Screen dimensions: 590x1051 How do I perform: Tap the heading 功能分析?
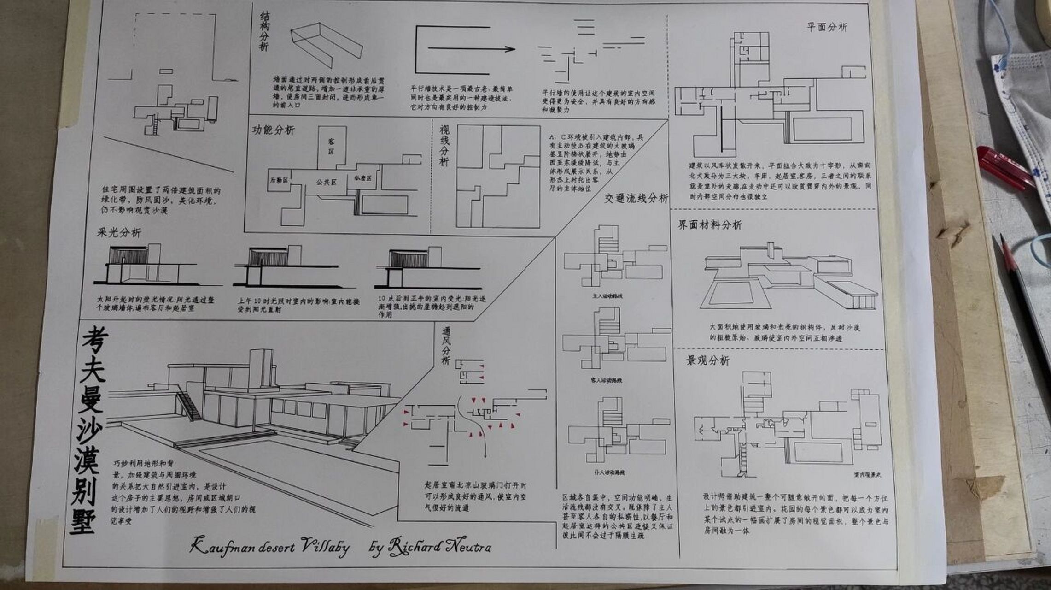pyautogui.click(x=273, y=130)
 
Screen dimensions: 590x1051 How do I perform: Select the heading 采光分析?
pyautogui.click(x=119, y=232)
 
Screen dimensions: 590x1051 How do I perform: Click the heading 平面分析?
pyautogui.click(x=827, y=27)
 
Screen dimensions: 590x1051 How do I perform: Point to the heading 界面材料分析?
pyautogui.click(x=710, y=225)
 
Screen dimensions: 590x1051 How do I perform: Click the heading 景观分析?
pyautogui.click(x=708, y=361)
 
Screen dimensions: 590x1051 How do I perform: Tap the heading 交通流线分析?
pyautogui.click(x=636, y=199)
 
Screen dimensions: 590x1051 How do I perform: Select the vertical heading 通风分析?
pyautogui.click(x=446, y=346)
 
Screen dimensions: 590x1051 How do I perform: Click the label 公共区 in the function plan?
pyautogui.click(x=326, y=182)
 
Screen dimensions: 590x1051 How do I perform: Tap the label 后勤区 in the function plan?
pyautogui.click(x=279, y=180)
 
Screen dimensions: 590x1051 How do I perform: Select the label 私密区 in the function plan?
pyautogui.click(x=363, y=178)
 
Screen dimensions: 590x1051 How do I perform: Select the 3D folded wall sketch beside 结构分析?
pyautogui.click(x=326, y=46)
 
